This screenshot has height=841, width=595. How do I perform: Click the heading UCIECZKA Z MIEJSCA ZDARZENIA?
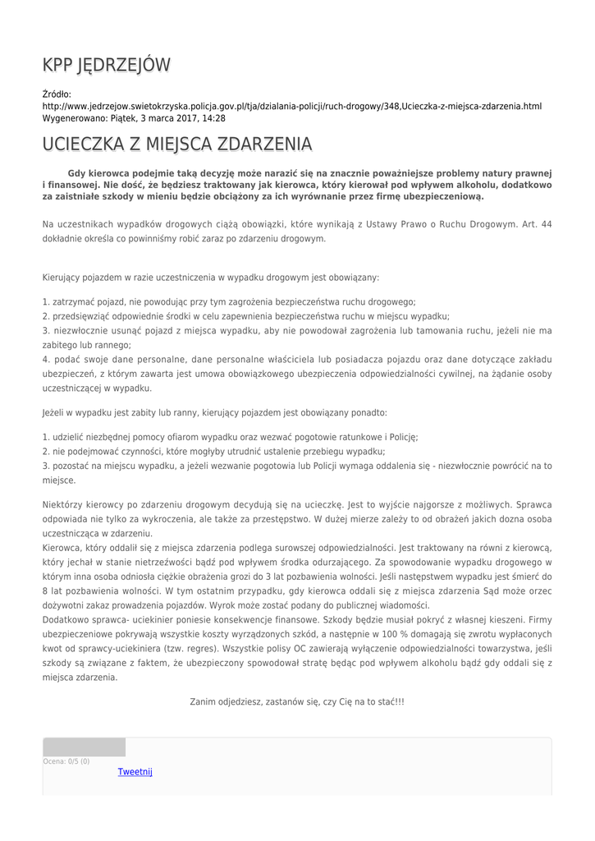tap(176, 145)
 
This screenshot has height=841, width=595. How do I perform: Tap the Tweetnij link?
tap(135, 772)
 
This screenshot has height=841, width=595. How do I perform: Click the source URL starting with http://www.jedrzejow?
tap(291, 107)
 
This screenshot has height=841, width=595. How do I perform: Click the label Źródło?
tap(57, 95)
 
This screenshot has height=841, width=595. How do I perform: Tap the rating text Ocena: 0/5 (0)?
tap(66, 761)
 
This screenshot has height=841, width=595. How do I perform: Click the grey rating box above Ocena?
tap(84, 747)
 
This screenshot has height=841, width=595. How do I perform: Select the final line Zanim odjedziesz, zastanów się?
tap(297, 702)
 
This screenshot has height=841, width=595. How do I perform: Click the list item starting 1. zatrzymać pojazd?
tap(229, 301)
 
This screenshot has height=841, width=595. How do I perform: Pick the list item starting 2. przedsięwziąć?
tap(245, 316)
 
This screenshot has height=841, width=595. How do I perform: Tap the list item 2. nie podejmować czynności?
tap(213, 452)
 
